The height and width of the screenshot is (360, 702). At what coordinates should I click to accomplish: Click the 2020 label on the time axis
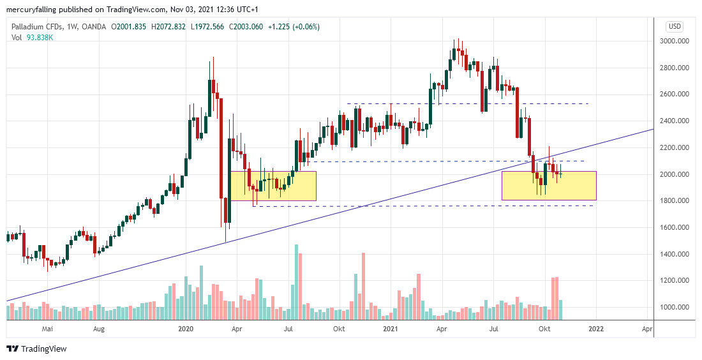186,329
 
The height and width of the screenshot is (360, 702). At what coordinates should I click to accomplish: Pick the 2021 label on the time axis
391,329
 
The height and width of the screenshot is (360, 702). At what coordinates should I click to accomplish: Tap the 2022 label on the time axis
595,329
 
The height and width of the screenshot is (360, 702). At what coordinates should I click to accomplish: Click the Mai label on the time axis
46,329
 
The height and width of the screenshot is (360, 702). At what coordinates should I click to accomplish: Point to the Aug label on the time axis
99,329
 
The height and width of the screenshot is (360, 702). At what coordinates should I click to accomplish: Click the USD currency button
675,26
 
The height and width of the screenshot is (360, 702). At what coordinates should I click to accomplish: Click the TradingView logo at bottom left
36,349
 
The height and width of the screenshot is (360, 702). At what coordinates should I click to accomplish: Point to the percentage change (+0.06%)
303,27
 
